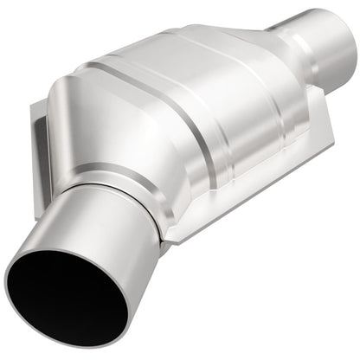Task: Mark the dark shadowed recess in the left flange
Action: (41, 157)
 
